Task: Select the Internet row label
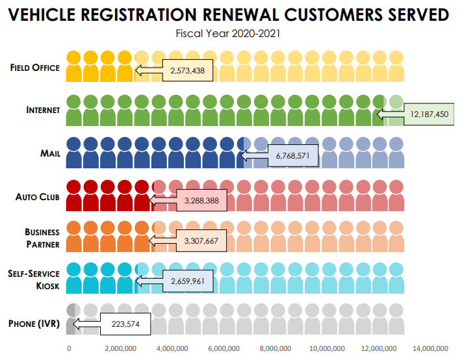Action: click(43, 110)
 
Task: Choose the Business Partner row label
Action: click(42, 238)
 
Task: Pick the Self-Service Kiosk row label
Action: click(34, 280)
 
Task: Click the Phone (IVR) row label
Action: click(35, 323)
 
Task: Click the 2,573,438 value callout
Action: click(186, 70)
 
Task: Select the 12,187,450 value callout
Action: click(428, 113)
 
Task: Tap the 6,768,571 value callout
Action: click(292, 156)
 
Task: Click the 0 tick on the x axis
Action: click(69, 348)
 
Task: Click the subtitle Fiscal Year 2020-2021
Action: click(231, 33)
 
